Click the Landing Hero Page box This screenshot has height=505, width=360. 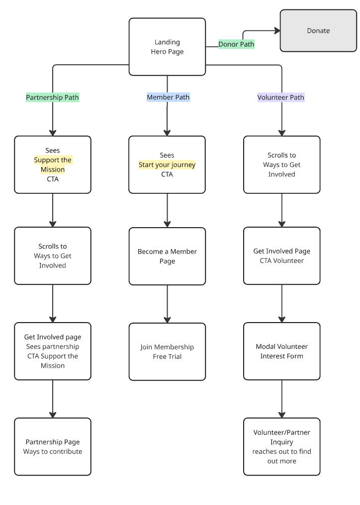point(167,47)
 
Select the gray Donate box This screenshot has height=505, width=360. point(318,31)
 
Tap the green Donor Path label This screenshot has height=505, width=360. point(236,44)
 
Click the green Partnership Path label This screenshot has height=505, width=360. point(52,97)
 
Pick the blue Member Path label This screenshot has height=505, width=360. point(168,97)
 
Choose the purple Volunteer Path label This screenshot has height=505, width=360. point(281,97)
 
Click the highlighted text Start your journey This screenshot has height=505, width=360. point(167,165)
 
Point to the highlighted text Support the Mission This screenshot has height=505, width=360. point(53,165)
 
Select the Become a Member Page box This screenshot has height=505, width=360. point(167,256)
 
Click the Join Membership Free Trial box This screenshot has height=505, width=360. point(167,351)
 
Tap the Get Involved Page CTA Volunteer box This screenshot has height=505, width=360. point(281,256)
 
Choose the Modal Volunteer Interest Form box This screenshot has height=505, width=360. point(281,351)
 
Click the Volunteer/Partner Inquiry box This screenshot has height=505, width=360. point(281,446)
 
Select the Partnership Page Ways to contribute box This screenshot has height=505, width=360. point(53,446)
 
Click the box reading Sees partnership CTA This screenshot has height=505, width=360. point(53,351)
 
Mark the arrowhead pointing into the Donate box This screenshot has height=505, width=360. point(277,31)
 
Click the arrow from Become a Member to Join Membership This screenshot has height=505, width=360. point(167,304)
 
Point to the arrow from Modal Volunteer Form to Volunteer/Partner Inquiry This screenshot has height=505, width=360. point(282,399)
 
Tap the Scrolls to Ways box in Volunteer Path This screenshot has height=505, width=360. point(281,165)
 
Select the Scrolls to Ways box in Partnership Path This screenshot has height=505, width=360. point(53,256)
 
